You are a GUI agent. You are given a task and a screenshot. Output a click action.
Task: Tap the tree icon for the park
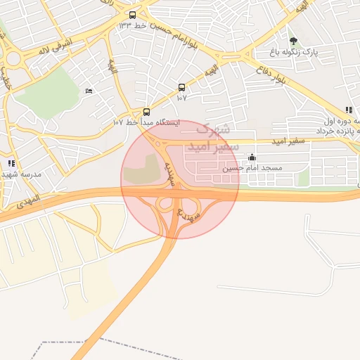(x=293, y=41)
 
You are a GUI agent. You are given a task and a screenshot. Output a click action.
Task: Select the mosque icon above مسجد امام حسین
(x=252, y=157)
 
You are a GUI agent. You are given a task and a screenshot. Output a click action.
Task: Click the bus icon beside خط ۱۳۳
(x=132, y=15)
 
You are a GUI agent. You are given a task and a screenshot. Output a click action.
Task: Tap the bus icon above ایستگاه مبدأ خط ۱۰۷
(x=146, y=112)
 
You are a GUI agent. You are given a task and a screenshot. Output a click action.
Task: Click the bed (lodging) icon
(x=88, y=91)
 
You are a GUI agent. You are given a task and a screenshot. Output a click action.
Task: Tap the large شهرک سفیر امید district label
(x=217, y=136)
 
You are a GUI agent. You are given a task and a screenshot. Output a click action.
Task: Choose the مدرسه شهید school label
(x=22, y=174)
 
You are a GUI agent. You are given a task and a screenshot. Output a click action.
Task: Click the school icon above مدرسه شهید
(x=11, y=163)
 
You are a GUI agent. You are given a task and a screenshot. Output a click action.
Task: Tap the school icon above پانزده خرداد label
(x=349, y=110)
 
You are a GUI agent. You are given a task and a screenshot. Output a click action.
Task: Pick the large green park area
(x=49, y=91)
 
